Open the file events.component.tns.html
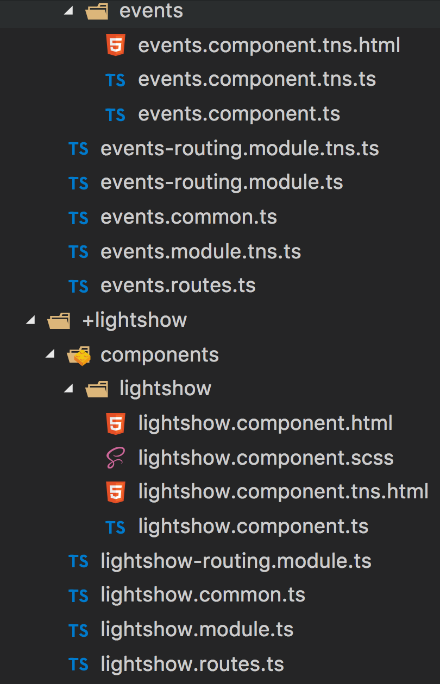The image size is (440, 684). [269, 45]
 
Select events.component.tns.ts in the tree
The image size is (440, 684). [257, 79]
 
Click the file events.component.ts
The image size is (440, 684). [239, 114]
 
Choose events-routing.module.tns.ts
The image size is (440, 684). [240, 148]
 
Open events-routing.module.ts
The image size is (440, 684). [222, 182]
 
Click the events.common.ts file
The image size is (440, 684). [188, 217]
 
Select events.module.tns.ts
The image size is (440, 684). [200, 251]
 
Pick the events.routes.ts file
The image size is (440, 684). [178, 286]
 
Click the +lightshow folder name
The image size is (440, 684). [134, 320]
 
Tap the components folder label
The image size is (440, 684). [160, 354]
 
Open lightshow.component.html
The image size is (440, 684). [265, 423]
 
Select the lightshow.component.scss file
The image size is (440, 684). [266, 458]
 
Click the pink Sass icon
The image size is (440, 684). [116, 458]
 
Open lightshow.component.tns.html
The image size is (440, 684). [283, 492]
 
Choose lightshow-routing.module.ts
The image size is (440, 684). [236, 561]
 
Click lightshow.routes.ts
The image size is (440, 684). [192, 664]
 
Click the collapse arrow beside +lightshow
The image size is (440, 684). [31, 320]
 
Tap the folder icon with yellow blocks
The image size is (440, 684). [78, 355]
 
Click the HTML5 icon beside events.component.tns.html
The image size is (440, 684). [116, 45]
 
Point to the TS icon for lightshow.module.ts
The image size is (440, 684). [78, 630]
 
